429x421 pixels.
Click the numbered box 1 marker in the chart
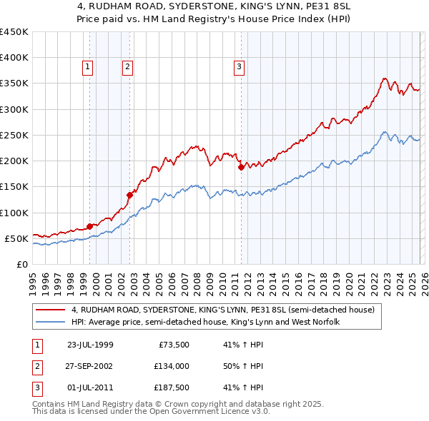coord(87,67)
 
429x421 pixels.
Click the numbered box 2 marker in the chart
coord(127,67)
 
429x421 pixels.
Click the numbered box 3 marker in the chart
coord(238,67)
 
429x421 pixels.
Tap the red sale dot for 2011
coord(241,168)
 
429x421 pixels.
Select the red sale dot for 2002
coord(130,194)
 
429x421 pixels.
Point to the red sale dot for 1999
coord(90,226)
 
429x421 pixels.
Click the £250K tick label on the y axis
coord(14,135)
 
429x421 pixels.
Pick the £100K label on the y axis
coord(14,213)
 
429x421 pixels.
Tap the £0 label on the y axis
coord(21,264)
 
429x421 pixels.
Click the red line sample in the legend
coord(50,310)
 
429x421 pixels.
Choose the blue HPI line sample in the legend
coord(50,323)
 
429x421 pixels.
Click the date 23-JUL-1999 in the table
coord(90,345)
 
